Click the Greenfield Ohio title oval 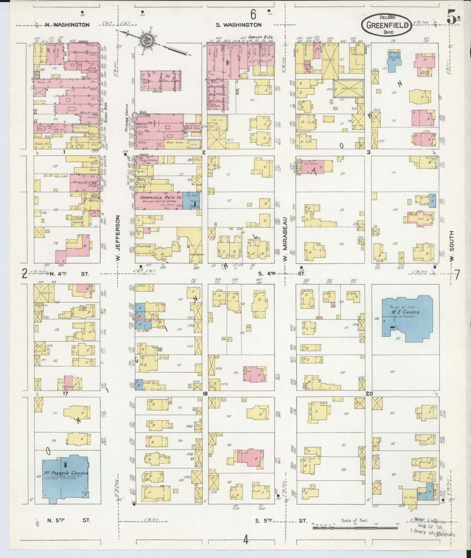(386, 25)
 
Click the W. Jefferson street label (118, 238)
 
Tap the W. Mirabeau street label (285, 239)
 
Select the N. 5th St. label (69, 520)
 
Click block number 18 (205, 394)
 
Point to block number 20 (369, 394)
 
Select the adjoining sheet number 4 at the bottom (246, 540)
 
